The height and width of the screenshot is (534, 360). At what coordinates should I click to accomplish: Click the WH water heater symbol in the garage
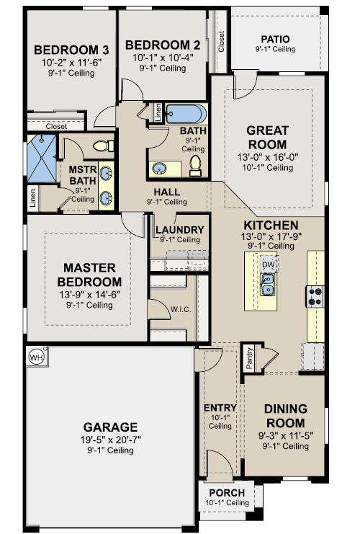point(37,357)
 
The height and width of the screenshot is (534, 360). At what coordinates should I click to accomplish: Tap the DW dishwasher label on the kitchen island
point(268,264)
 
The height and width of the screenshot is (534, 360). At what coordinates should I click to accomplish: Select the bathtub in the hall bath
point(186,114)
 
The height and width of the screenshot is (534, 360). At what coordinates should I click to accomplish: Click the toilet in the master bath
point(104,146)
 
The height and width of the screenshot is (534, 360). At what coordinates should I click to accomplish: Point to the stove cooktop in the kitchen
point(315,296)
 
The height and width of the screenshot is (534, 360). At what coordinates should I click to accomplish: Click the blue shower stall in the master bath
point(42,159)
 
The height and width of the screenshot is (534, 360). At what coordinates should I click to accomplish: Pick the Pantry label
point(249,358)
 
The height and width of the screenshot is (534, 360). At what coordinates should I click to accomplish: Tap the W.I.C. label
point(181,310)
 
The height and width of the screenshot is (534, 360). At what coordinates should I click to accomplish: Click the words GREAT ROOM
point(267,137)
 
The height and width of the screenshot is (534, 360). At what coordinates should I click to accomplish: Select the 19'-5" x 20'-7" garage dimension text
point(111,440)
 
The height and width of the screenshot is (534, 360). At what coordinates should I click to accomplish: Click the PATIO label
point(275,39)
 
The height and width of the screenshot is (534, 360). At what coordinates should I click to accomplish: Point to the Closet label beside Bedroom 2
point(222,42)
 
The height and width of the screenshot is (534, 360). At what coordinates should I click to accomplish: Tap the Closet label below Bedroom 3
point(56,126)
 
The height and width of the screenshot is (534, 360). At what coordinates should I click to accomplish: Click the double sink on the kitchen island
point(268,285)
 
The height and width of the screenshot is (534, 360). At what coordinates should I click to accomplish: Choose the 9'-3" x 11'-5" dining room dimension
point(286,435)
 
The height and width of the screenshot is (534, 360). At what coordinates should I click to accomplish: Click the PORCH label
point(227,493)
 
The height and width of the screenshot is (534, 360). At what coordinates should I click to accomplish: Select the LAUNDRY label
point(180,230)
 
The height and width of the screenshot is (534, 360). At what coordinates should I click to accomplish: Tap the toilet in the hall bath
point(195,166)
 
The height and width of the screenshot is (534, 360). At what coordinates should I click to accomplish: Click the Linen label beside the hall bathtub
point(158,112)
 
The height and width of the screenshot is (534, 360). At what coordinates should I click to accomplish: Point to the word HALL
point(167,192)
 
